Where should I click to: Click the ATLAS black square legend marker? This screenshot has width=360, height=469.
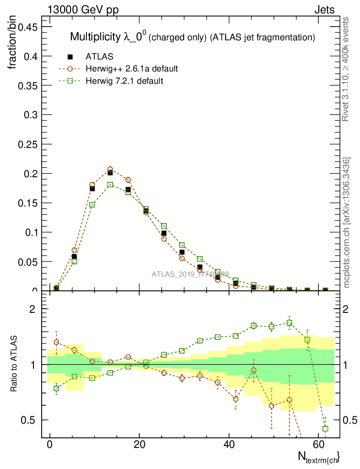pos(70,57)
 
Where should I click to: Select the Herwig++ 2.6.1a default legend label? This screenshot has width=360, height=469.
pos(131,69)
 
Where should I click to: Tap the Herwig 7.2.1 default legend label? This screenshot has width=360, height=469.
pos(124,81)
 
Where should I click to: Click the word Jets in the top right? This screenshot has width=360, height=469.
pos(324,10)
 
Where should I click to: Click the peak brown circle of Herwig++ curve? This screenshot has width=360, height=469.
pos(110,169)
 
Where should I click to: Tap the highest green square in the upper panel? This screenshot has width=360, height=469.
pos(110,185)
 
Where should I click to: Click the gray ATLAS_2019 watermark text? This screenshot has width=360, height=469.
pos(190,274)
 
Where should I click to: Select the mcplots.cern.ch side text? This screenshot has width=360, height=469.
pos(347,223)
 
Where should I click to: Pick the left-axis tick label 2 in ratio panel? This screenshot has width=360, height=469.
pos(33,309)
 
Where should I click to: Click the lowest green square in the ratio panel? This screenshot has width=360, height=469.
pos(325,429)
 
